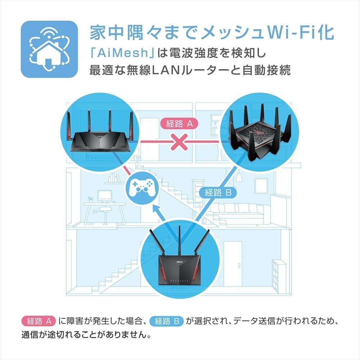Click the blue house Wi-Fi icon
tap(49, 49)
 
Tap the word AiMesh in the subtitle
tap(120, 53)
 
